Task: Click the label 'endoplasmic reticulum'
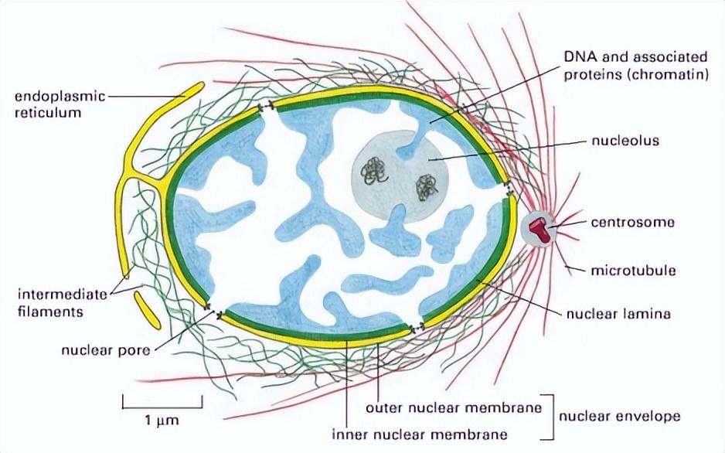coord(60,104)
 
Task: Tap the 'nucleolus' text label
coord(625,141)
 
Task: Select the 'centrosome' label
coord(632,223)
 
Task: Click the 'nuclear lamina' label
coord(618,314)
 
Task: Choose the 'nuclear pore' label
coord(106,350)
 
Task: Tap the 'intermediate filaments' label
coord(63,303)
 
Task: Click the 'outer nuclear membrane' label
coord(454,407)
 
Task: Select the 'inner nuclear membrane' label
coord(420,434)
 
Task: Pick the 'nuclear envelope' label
coord(620,417)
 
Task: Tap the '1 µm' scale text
coord(162,421)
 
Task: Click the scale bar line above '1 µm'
coord(162,408)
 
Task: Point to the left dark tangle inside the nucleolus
coord(375,172)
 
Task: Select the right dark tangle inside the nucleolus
coord(427,187)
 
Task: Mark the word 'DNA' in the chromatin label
coord(578,57)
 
